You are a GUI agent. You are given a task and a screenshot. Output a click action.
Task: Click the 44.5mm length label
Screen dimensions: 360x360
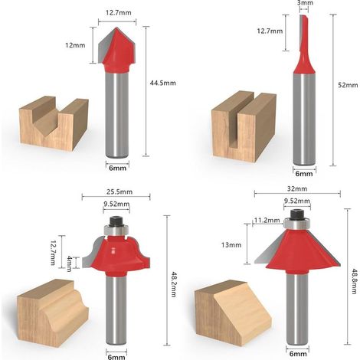[162, 83]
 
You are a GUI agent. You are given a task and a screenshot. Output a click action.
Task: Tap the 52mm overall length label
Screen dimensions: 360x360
[348, 85]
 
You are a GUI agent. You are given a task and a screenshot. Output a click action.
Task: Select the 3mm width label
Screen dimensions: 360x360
[305, 3]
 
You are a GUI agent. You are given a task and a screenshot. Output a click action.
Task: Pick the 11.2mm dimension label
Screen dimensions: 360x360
[267, 220]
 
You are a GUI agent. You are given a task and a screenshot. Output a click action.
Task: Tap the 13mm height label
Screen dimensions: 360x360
[231, 245]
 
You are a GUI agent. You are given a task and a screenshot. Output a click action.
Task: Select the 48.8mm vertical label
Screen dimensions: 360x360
[353, 281]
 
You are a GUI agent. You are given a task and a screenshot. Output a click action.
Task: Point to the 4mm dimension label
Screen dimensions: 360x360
[69, 263]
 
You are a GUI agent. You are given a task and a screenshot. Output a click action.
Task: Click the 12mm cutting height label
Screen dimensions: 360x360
[75, 45]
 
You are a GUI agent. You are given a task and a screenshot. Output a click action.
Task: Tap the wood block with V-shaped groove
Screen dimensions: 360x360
[54, 123]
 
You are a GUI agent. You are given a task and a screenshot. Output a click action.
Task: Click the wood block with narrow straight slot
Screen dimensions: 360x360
[244, 126]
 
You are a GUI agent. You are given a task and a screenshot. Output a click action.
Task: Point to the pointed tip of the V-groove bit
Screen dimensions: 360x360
[116, 28]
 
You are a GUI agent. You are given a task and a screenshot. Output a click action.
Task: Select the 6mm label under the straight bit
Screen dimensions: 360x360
[304, 174]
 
